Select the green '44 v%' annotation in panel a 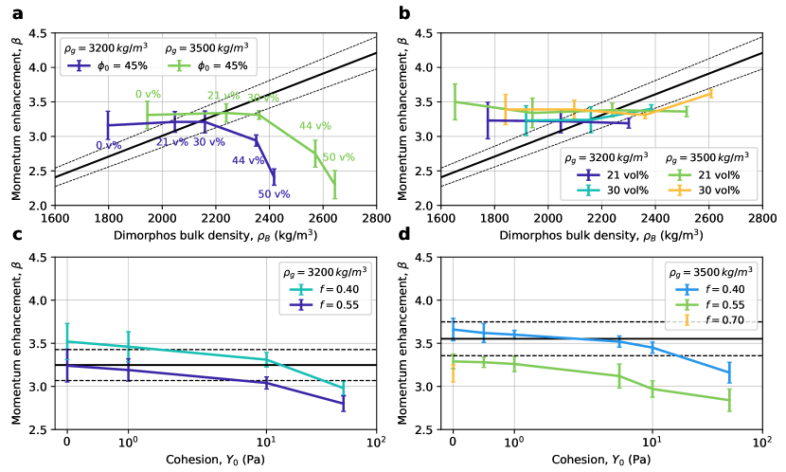point(315,125)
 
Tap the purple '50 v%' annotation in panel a point(274,194)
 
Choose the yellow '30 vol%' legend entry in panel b point(723,190)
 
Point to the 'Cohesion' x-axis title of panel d point(602,460)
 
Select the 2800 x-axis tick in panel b point(762,217)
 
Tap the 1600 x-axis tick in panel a point(55,217)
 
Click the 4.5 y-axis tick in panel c point(41,257)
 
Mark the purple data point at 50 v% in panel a point(274,177)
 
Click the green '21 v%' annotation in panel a point(224,95)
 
